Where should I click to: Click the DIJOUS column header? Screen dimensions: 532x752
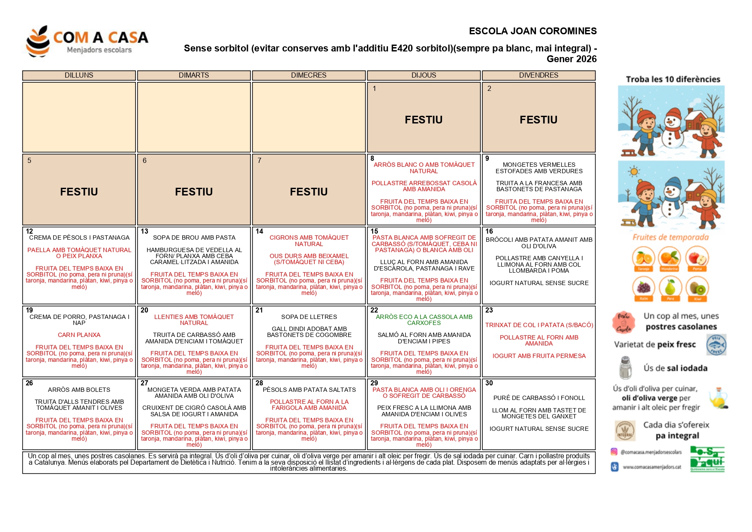point(424,75)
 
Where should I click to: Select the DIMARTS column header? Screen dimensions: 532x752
point(194,75)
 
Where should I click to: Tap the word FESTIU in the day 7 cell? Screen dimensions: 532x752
point(309,192)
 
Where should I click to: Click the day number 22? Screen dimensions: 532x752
point(374,310)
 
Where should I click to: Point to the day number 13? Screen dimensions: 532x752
point(144,231)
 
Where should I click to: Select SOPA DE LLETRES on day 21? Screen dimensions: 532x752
point(309,317)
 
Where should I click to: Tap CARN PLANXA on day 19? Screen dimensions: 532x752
point(79,335)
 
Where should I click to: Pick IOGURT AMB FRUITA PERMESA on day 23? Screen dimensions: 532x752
point(539,356)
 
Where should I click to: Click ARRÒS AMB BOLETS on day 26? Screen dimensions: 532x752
point(79,390)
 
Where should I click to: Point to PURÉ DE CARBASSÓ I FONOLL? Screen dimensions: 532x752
point(539,398)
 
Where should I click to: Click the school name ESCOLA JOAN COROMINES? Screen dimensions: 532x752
point(532,31)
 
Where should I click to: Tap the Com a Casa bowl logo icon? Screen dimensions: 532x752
point(38,42)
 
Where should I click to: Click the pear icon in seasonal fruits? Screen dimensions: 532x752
point(670,287)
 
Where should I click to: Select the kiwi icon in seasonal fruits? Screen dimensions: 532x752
point(697,287)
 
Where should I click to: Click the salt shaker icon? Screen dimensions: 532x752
point(626,368)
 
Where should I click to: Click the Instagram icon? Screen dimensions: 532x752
point(614,451)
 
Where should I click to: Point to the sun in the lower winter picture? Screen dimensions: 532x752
point(633,172)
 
